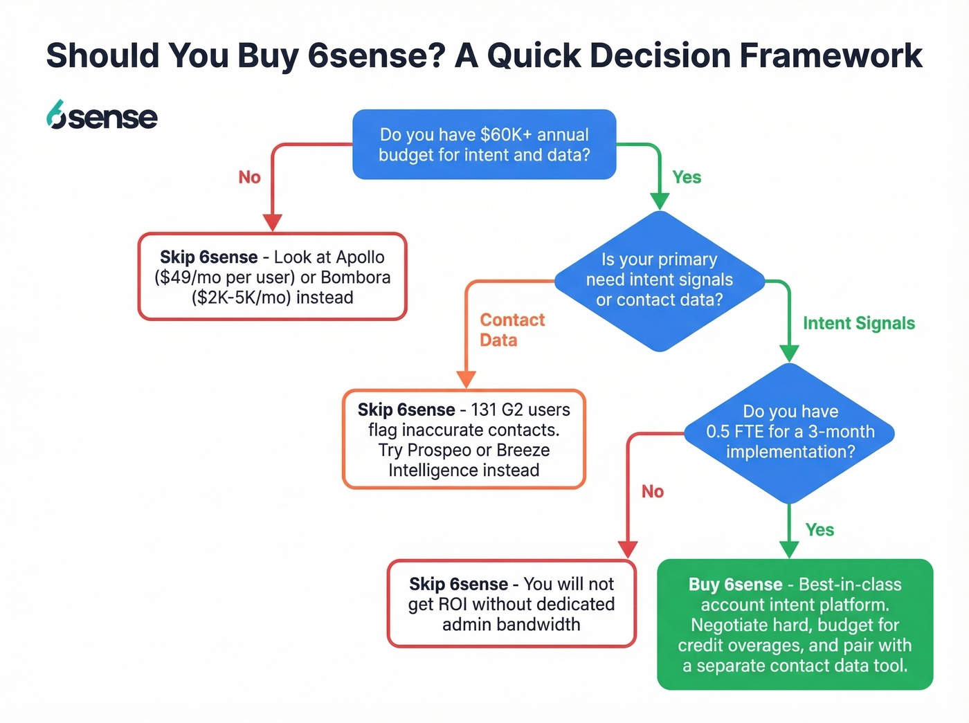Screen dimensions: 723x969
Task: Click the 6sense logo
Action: pos(102,116)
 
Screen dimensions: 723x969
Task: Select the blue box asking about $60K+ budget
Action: pos(484,145)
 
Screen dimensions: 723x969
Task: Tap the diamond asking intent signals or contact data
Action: pos(659,280)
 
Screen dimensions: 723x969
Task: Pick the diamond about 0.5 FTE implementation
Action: pos(790,432)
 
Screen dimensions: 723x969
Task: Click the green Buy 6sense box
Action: pos(795,625)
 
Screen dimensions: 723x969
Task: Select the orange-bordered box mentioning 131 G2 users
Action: pos(464,440)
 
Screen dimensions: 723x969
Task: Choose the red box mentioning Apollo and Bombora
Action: pos(272,277)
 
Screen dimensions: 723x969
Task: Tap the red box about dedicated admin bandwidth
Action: pos(511,604)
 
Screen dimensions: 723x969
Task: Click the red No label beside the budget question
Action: pos(249,177)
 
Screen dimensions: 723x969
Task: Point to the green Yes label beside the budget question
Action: pos(687,177)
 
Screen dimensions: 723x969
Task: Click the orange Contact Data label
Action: pos(511,330)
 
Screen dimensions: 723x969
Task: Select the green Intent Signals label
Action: pos(858,323)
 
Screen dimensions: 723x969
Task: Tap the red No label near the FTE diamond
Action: pos(652,491)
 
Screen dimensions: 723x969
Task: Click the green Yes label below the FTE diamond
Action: pos(819,530)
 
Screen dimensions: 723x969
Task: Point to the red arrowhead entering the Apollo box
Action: pos(273,222)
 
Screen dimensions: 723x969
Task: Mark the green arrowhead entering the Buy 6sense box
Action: pos(789,549)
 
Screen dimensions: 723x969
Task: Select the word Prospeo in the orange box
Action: pos(439,450)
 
